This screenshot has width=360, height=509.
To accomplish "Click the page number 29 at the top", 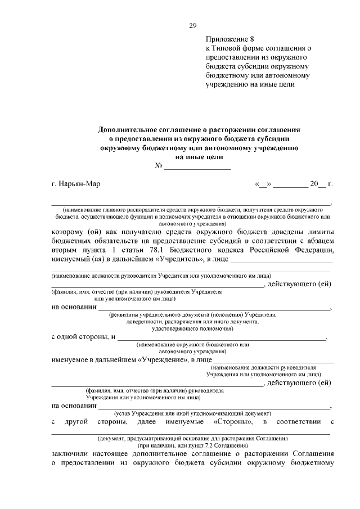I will (192, 26).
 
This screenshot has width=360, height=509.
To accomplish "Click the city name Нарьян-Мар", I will (75, 184).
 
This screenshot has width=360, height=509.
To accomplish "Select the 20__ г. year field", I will (322, 184).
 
